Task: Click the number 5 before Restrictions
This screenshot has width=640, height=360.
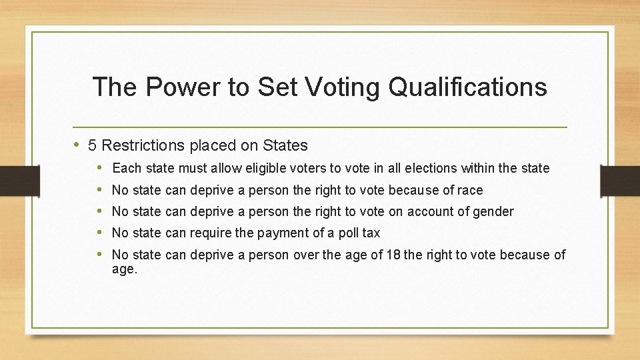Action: (92, 145)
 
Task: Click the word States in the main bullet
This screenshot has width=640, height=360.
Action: (285, 145)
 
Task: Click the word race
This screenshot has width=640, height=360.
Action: (470, 190)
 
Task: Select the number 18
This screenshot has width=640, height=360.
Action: (394, 254)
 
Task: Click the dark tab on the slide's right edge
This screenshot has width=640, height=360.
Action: (619, 181)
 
